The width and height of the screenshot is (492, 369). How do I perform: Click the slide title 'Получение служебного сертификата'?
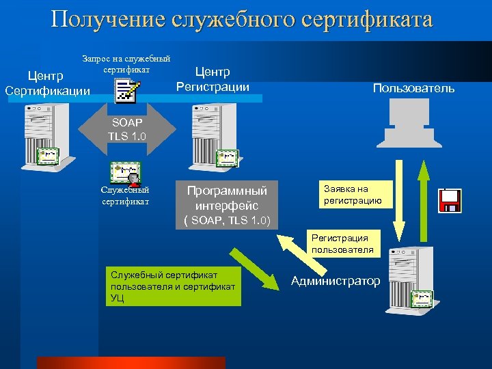pos(242,19)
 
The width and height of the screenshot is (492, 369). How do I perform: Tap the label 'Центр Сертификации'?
pos(47,82)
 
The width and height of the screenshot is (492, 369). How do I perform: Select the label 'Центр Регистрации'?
pos(213,79)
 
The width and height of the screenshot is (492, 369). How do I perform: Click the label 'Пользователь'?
pos(413,88)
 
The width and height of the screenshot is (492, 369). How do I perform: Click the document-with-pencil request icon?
pos(128,90)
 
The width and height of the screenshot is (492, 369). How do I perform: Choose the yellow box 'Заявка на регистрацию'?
pos(356,194)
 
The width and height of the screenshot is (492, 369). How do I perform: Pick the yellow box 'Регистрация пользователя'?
pos(340,243)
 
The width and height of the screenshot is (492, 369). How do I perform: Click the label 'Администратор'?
pos(336,281)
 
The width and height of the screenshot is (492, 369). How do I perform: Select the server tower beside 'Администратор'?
pos(409,280)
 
